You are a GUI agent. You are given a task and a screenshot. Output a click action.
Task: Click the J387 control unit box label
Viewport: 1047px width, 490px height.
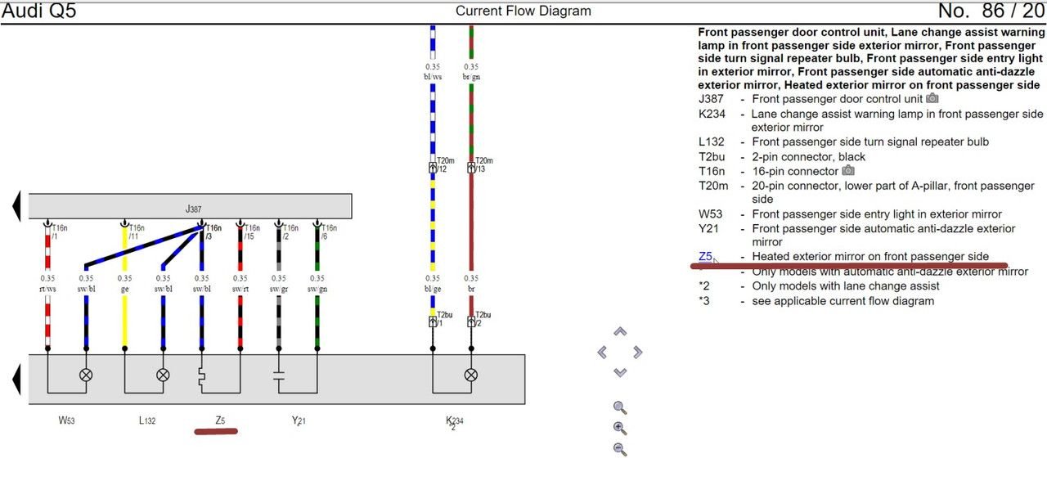pyautogui.click(x=193, y=209)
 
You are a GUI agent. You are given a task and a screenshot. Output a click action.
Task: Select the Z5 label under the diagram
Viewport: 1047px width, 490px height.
pyautogui.click(x=220, y=420)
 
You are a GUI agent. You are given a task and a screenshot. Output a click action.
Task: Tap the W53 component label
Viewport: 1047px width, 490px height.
pyautogui.click(x=67, y=420)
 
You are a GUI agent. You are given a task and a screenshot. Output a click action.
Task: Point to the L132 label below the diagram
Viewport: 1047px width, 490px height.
pyautogui.click(x=146, y=420)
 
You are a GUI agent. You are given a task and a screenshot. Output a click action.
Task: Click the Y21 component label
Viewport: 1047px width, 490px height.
pyautogui.click(x=299, y=420)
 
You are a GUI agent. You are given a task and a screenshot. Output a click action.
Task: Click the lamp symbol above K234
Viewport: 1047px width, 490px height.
pyautogui.click(x=471, y=375)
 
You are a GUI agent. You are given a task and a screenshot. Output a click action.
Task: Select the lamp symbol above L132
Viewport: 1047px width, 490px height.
pyautogui.click(x=163, y=375)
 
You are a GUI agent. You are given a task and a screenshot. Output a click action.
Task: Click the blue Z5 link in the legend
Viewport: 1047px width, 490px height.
pyautogui.click(x=705, y=256)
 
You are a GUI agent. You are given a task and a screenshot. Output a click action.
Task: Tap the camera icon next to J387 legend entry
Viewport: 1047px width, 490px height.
pyautogui.click(x=932, y=99)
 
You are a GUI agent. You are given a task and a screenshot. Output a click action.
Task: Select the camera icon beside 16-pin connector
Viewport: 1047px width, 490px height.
pyautogui.click(x=848, y=171)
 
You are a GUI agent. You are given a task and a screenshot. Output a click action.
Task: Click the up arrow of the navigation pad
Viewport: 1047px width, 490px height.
pyautogui.click(x=620, y=332)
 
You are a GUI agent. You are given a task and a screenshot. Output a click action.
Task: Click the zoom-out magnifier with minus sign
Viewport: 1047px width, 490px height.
pyautogui.click(x=620, y=448)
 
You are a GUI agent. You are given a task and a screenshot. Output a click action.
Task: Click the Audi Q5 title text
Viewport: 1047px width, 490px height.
pyautogui.click(x=38, y=11)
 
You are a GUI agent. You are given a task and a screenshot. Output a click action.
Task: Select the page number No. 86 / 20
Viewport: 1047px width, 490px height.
pyautogui.click(x=991, y=11)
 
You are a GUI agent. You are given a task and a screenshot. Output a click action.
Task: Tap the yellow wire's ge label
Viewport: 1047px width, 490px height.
pyautogui.click(x=124, y=289)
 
